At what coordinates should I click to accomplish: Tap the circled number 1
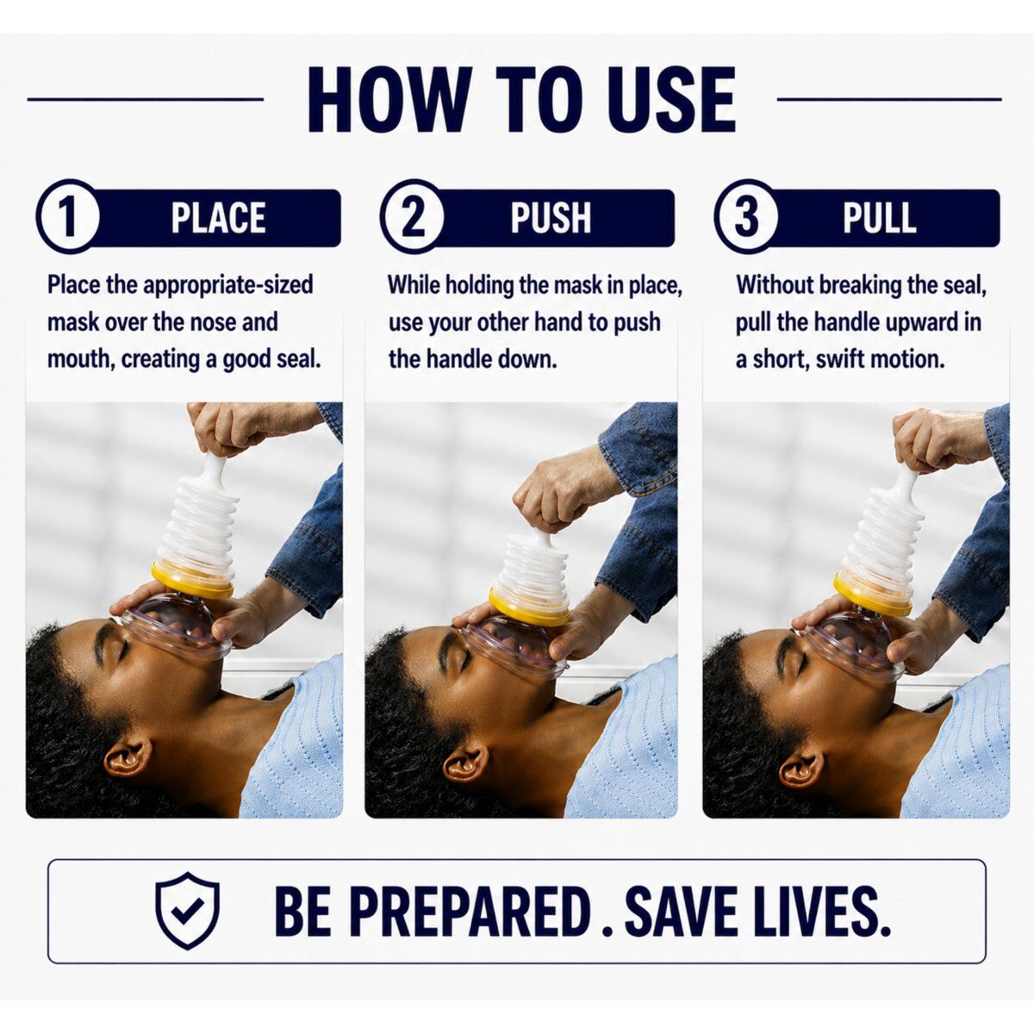click(x=68, y=216)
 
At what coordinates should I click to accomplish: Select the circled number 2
click(x=412, y=216)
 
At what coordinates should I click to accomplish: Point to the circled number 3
click(x=746, y=216)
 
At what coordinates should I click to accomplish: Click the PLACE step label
click(x=218, y=218)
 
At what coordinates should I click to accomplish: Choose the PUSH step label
click(x=551, y=218)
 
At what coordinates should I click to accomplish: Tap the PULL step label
click(x=880, y=218)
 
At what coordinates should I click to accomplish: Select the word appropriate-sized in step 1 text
click(x=228, y=285)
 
